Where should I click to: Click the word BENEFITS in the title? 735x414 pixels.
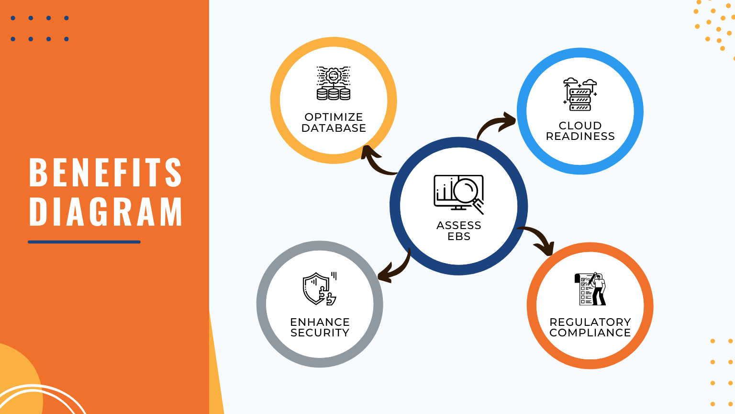click(105, 172)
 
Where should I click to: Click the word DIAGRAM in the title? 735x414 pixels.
click(105, 211)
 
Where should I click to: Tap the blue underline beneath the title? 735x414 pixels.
click(84, 242)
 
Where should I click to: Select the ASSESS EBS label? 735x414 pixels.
click(458, 230)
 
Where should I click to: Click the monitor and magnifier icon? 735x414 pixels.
click(458, 194)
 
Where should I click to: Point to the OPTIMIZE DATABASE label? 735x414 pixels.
click(334, 122)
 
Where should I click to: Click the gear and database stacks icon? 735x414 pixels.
click(334, 83)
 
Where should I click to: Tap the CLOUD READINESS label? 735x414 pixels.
click(580, 131)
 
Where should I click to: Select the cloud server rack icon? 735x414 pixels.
click(580, 94)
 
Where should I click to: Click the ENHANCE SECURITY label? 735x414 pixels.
click(320, 327)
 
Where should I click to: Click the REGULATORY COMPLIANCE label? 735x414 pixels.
click(590, 327)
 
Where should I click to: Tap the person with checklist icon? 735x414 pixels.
click(591, 289)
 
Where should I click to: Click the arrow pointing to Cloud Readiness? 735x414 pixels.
click(495, 124)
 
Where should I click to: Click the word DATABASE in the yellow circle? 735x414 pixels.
click(334, 128)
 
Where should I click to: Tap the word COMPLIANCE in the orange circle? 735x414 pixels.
click(590, 333)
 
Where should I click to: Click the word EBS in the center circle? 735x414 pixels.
click(458, 236)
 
